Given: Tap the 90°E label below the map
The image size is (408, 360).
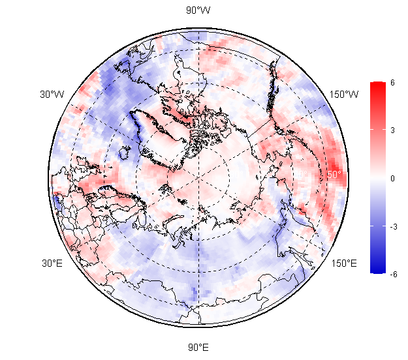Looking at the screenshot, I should [x=198, y=347].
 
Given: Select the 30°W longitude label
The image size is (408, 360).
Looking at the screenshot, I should [x=52, y=95].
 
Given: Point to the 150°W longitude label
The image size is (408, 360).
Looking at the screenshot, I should [x=344, y=95].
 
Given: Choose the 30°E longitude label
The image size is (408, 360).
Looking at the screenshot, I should [x=53, y=263].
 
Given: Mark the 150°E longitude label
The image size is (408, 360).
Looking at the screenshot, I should [x=344, y=263].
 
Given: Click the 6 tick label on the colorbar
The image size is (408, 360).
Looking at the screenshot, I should [x=393, y=82].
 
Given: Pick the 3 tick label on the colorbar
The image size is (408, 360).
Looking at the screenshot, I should [x=393, y=130].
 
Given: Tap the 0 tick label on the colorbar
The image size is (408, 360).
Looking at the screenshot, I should [x=393, y=178].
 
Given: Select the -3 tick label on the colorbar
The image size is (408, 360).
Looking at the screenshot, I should [x=394, y=226].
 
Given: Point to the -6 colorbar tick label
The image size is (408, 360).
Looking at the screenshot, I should [x=394, y=275].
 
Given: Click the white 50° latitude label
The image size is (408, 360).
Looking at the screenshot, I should [x=334, y=175].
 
